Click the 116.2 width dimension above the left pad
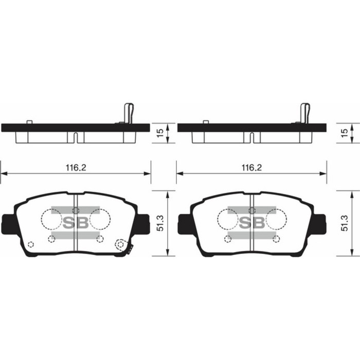coord(75,168)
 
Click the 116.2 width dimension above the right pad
coord(251,168)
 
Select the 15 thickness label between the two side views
coord(160,133)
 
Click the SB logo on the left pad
coord(76,222)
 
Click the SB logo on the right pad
coord(251,222)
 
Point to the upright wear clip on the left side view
coord(129,113)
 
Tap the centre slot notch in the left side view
coord(75,138)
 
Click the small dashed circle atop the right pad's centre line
coord(251,210)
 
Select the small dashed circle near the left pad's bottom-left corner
coord(30,244)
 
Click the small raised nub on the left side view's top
coord(29,122)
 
